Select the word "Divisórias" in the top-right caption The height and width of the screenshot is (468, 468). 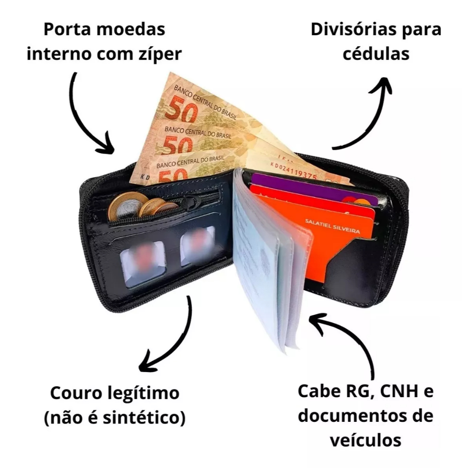[x=358, y=29]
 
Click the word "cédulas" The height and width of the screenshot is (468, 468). [x=376, y=54]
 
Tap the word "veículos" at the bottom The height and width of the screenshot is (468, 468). [x=365, y=441]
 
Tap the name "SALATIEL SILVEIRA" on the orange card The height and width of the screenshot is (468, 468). [x=332, y=227]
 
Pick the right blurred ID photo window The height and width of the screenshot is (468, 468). [x=197, y=246]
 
